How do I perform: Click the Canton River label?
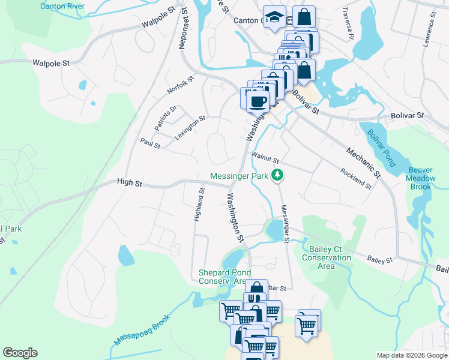(x=62, y=6)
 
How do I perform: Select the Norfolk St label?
(x=181, y=85)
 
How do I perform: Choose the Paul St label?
(x=150, y=145)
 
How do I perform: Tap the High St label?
(x=129, y=182)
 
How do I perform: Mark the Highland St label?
(x=199, y=205)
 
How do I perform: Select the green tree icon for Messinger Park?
(x=277, y=176)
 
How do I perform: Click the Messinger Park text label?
(x=239, y=176)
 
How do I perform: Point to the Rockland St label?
(x=356, y=178)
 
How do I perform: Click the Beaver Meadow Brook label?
(x=421, y=178)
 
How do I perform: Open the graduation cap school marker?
(x=274, y=17)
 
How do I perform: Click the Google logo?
(x=20, y=353)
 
